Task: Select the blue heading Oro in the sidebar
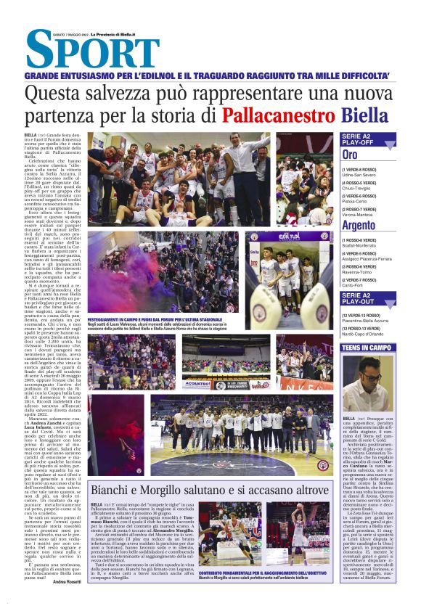(x=350, y=155)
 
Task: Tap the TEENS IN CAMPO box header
(x=367, y=348)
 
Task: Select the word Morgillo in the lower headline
(x=181, y=490)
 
